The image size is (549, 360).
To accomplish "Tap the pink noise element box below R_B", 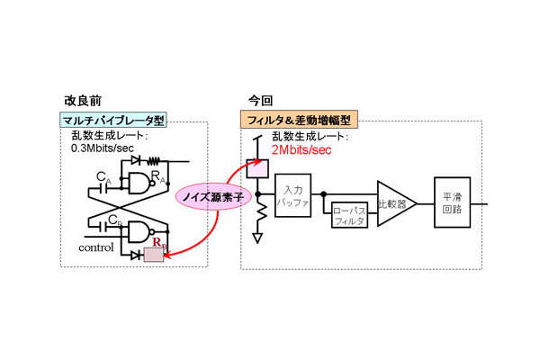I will tap(154, 256).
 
